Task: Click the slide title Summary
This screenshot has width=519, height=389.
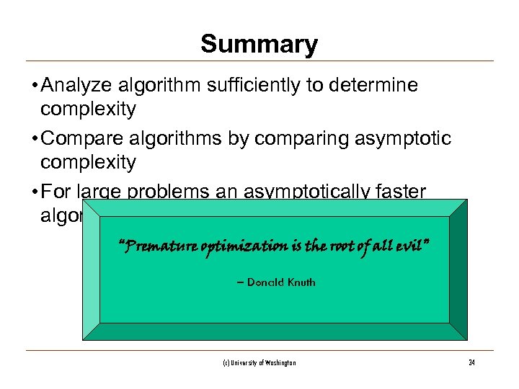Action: click(x=259, y=45)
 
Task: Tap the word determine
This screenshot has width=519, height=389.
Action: click(x=372, y=86)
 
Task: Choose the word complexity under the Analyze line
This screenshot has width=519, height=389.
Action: click(x=88, y=109)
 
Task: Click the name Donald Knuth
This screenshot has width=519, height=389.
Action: click(x=280, y=282)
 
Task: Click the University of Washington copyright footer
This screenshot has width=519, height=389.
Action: click(x=259, y=363)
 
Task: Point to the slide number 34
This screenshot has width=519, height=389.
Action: click(x=471, y=363)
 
